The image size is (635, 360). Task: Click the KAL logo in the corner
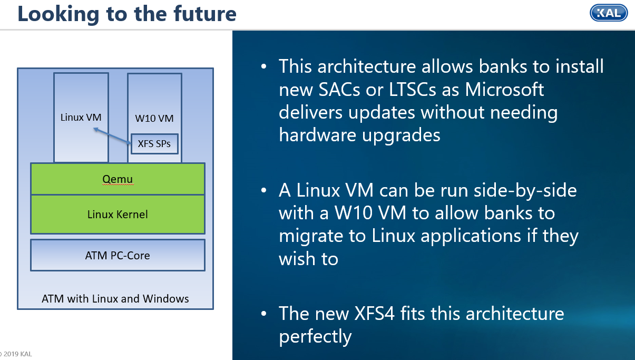609,13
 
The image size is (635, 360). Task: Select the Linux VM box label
81,117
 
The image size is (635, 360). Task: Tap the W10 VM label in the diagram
154,118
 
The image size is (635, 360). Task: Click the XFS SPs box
154,143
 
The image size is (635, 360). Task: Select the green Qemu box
118,179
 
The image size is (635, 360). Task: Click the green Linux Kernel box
118,215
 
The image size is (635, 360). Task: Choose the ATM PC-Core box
118,256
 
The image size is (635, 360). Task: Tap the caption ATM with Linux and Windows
115,299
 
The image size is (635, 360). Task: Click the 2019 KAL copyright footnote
16,354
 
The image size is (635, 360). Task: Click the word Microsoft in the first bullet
504,90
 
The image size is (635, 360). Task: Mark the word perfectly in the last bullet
315,336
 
